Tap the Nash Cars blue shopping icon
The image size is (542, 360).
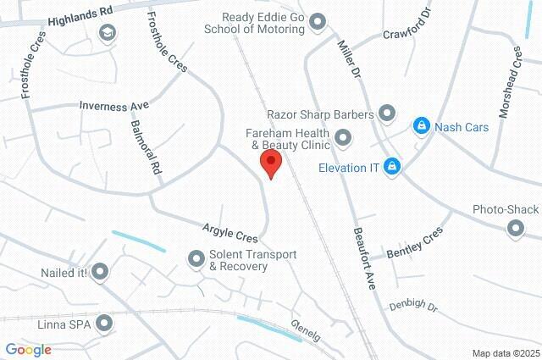(x=421, y=126)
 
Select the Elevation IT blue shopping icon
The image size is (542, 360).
(x=391, y=167)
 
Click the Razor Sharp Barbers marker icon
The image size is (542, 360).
(x=387, y=112)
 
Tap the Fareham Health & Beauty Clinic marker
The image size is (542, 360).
(x=343, y=137)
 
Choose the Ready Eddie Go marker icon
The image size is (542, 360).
(x=318, y=21)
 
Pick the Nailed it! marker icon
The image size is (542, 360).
(x=101, y=272)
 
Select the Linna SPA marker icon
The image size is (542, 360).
(x=104, y=323)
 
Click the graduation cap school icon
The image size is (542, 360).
(x=107, y=33)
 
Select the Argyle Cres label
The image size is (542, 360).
(x=230, y=232)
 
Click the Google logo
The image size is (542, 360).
(x=28, y=350)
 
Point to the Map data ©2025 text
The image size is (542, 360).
(x=506, y=353)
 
